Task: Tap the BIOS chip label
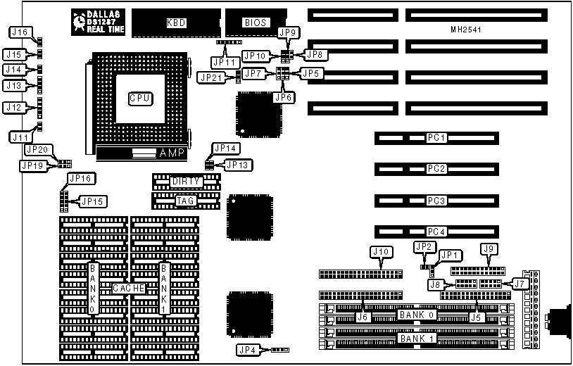point(255,23)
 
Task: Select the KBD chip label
point(176,23)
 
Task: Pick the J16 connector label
point(20,32)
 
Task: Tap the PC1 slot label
point(437,138)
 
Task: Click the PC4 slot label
point(437,232)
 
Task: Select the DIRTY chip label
point(187,182)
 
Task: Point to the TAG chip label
point(187,201)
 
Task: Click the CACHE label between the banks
point(129,288)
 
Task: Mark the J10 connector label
point(380,251)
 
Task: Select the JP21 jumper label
point(210,77)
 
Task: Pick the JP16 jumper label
point(77,179)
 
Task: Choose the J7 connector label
point(520,283)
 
